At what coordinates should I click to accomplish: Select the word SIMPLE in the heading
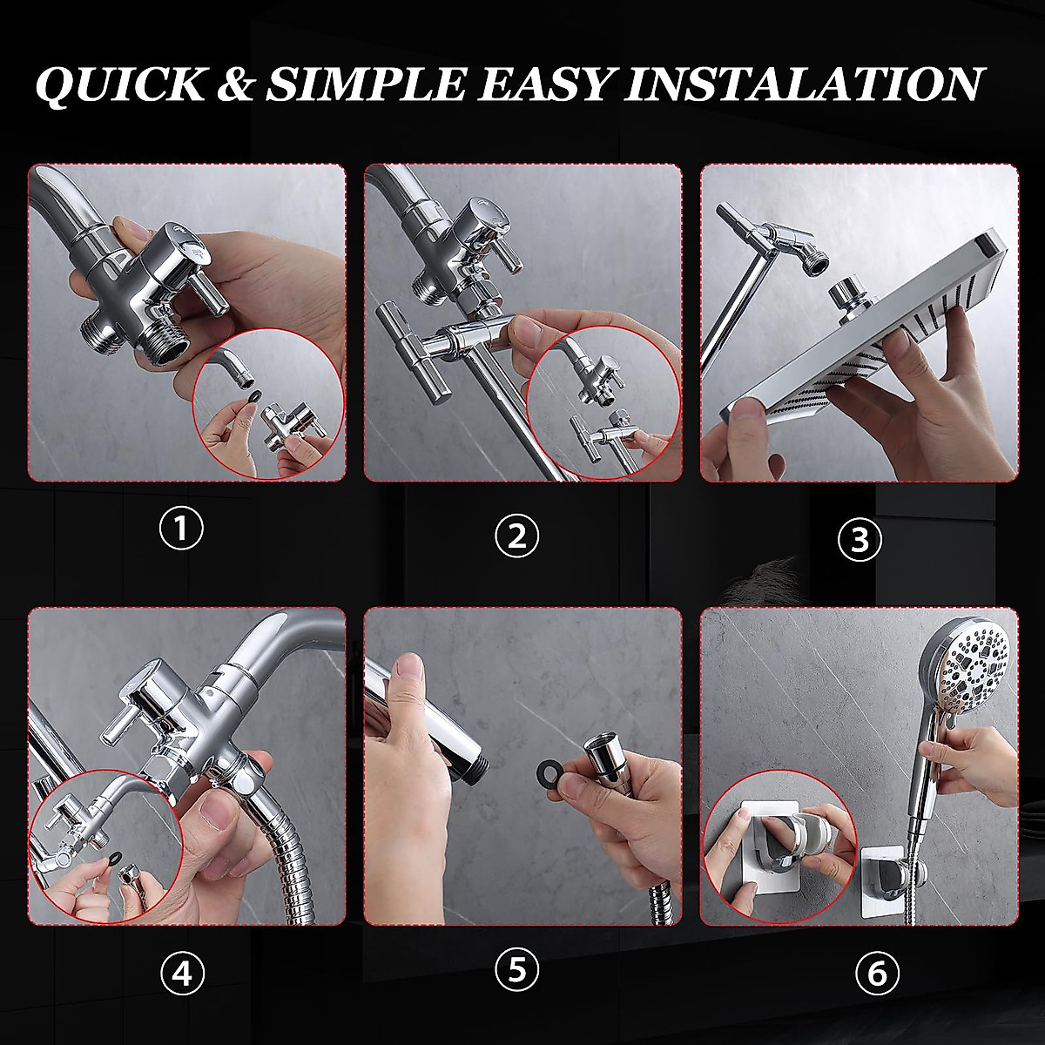pos(366,84)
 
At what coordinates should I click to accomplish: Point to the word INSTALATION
pos(805,84)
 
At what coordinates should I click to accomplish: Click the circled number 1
pos(181,528)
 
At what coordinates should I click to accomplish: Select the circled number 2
pos(516,536)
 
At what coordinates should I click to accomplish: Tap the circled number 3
pos(860,540)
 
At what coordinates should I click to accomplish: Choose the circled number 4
pos(182,974)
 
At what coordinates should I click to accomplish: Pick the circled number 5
pos(516,968)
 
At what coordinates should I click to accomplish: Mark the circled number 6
pos(877,974)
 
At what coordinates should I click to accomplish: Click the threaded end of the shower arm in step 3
pos(817,263)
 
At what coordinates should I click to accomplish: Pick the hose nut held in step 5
pos(603,761)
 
